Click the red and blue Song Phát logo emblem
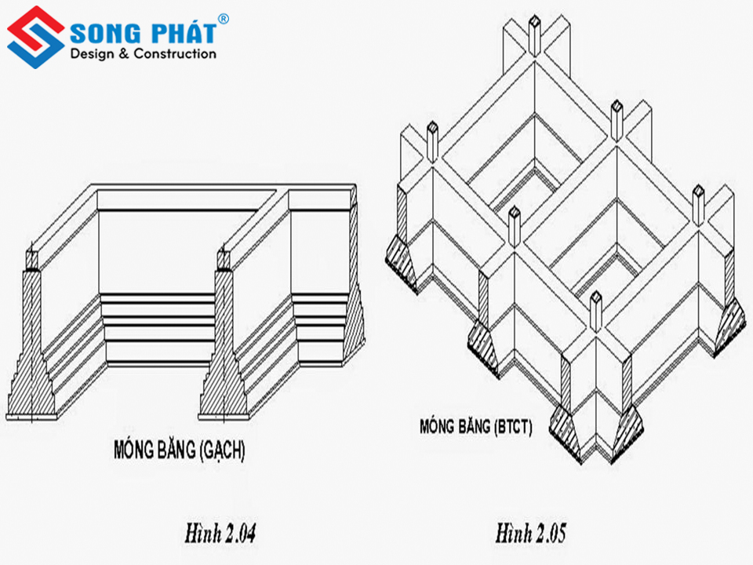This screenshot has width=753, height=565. tap(36, 37)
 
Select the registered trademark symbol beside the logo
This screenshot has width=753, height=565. tap(224, 19)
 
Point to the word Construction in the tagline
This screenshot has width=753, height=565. tap(175, 54)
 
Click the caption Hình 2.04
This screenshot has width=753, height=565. tap(220, 534)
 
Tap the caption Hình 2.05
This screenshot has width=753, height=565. tap(531, 533)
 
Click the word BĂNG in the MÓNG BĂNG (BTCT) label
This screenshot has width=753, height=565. tap(474, 426)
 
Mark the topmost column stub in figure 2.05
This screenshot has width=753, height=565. tap(534, 35)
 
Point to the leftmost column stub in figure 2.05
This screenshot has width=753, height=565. tap(432, 141)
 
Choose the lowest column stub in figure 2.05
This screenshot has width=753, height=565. tap(595, 312)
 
